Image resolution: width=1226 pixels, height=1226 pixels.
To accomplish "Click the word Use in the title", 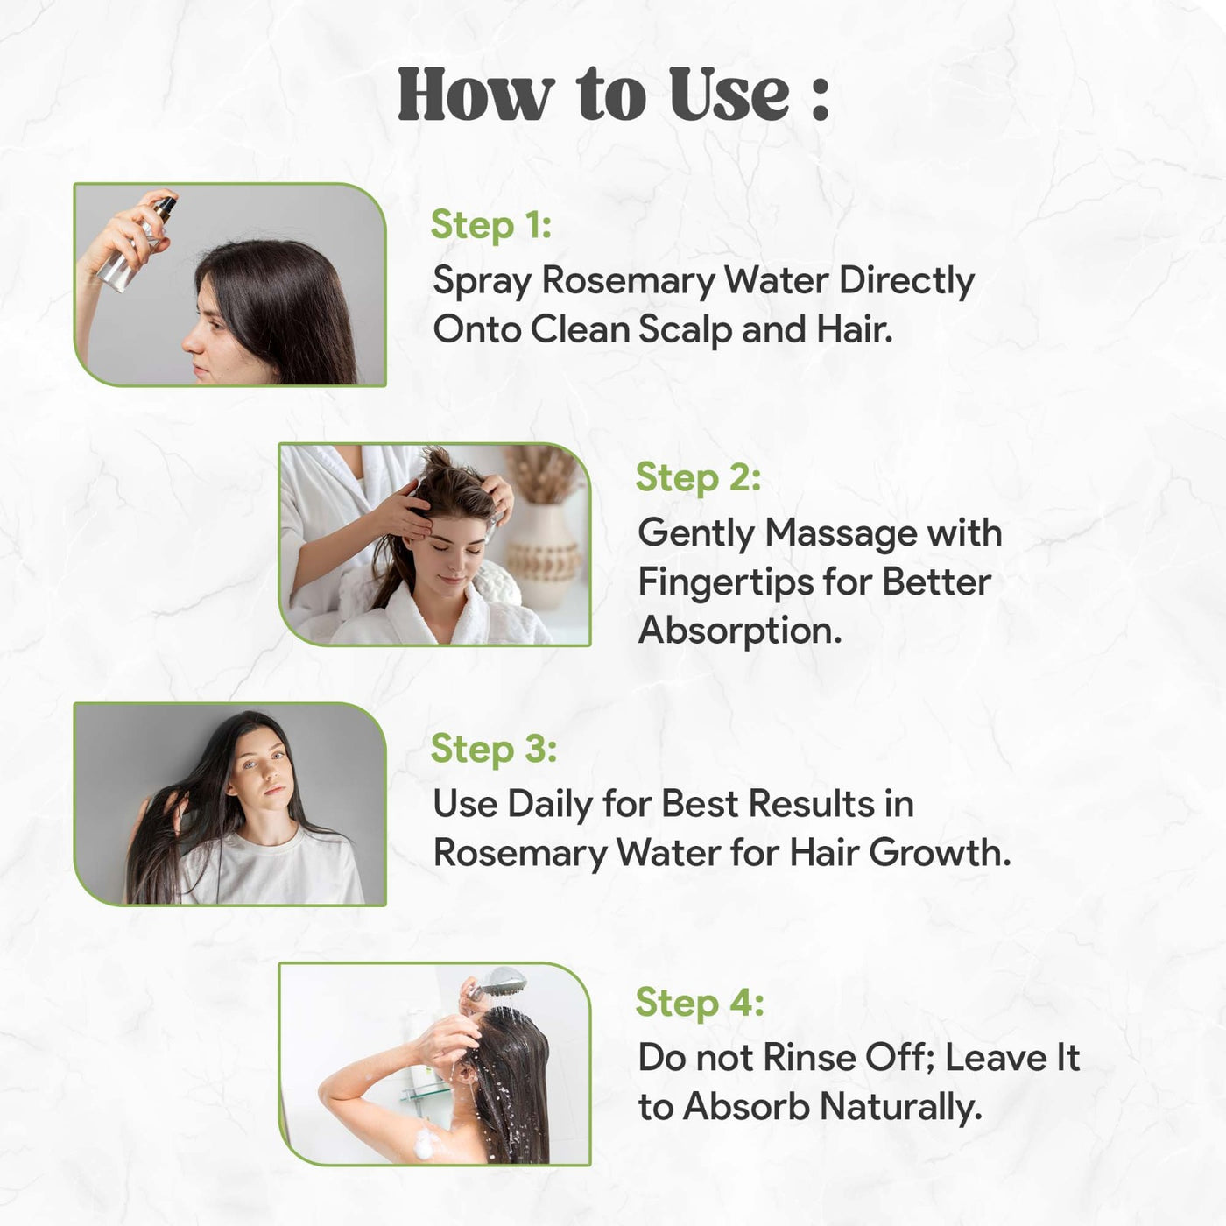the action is click(729, 95).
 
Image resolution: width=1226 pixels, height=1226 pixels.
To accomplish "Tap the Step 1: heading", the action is click(490, 225).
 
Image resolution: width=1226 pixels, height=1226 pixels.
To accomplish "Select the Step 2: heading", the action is click(698, 477).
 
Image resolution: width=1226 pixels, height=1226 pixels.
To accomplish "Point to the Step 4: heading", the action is click(699, 1002).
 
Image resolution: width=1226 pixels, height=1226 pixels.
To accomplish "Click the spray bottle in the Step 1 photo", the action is click(135, 245).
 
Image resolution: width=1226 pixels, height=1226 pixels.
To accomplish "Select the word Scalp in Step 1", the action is click(685, 331).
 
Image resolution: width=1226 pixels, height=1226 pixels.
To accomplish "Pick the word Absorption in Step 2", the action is click(740, 631).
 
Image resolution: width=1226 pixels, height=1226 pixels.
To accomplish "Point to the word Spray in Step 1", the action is click(481, 282).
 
